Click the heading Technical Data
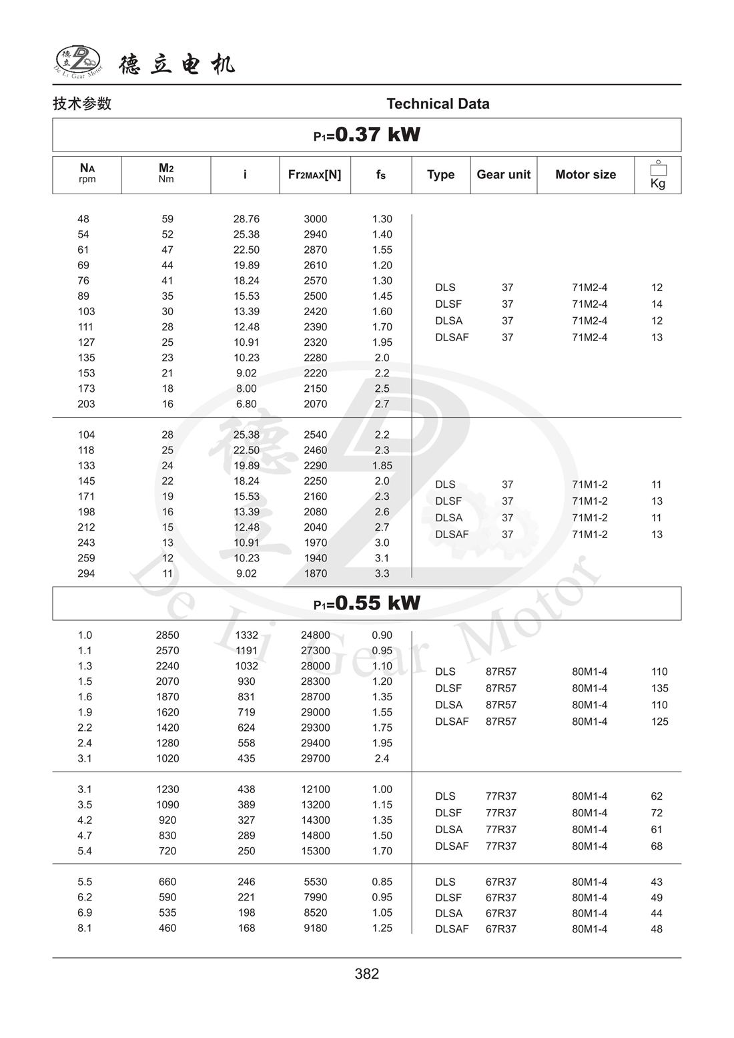point(438,103)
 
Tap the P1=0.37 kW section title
point(367,135)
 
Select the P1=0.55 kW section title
point(367,603)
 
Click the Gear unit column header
point(503,175)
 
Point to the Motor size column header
point(585,175)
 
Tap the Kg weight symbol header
point(658,175)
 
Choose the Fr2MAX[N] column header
point(314,175)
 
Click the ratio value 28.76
point(246,219)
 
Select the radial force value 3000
point(316,219)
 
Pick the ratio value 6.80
point(246,404)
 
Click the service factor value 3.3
point(382,573)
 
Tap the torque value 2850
point(167,635)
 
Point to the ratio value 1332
point(246,635)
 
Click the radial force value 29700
point(316,758)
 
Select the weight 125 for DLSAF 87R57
point(659,722)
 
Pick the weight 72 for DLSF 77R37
point(657,813)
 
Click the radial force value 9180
point(316,928)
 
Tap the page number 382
point(367,974)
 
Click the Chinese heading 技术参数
point(82,103)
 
